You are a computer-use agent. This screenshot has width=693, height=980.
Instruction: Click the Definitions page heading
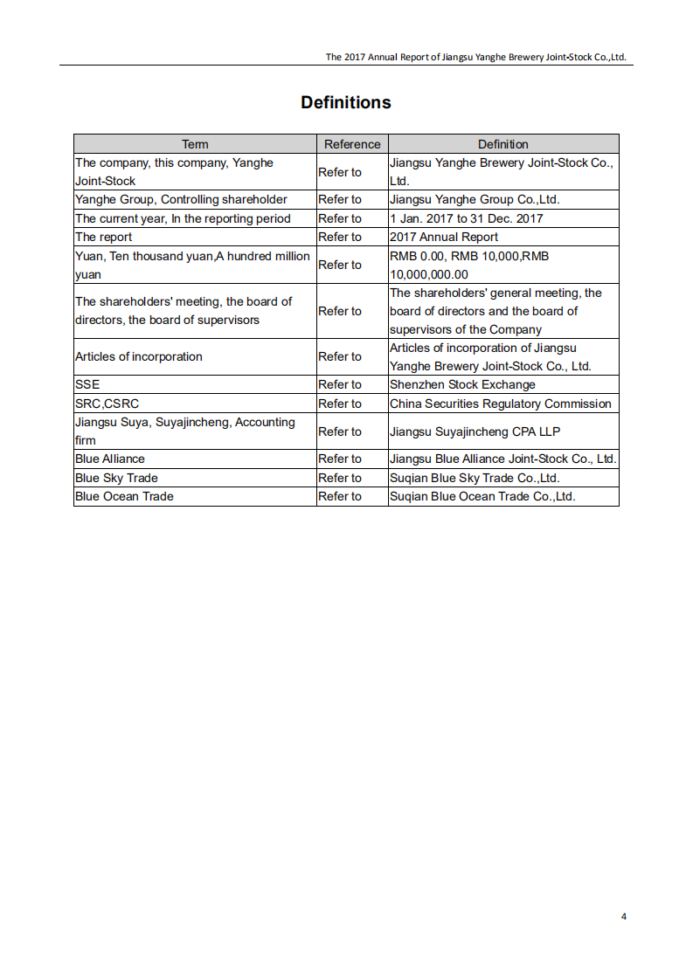tap(346, 102)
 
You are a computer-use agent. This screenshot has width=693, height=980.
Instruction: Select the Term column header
tap(195, 144)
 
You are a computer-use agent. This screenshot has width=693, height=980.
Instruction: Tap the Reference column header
tap(352, 144)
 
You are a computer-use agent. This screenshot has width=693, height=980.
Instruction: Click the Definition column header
tap(502, 144)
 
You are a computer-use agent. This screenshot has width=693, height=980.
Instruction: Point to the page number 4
tap(624, 916)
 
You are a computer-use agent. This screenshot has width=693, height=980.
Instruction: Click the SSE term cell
tap(87, 384)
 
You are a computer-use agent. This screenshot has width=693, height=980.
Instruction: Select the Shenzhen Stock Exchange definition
tap(462, 384)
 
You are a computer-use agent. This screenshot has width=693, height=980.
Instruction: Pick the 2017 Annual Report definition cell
tap(444, 237)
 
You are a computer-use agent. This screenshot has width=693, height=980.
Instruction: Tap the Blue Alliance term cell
tap(110, 459)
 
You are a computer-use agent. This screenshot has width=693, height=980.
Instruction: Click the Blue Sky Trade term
tap(116, 478)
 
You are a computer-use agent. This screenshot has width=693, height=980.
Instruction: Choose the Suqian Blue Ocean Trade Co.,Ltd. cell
tap(482, 496)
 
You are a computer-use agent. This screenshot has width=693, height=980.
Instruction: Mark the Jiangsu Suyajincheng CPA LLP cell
tap(475, 431)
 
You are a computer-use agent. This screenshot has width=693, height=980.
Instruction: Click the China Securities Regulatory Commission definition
tap(500, 404)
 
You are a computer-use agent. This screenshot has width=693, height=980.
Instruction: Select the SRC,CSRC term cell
tap(107, 404)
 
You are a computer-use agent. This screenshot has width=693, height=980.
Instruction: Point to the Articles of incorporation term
tap(138, 356)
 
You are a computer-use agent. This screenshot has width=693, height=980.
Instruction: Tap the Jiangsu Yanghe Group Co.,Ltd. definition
tap(475, 199)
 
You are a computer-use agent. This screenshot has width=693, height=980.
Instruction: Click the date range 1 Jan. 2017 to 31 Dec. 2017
tap(467, 218)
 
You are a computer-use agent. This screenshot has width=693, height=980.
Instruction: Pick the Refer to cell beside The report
tap(340, 237)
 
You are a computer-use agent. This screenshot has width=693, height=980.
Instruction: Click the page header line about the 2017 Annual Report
tap(476, 57)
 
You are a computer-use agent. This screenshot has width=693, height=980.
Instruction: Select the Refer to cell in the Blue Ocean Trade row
tap(340, 496)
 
